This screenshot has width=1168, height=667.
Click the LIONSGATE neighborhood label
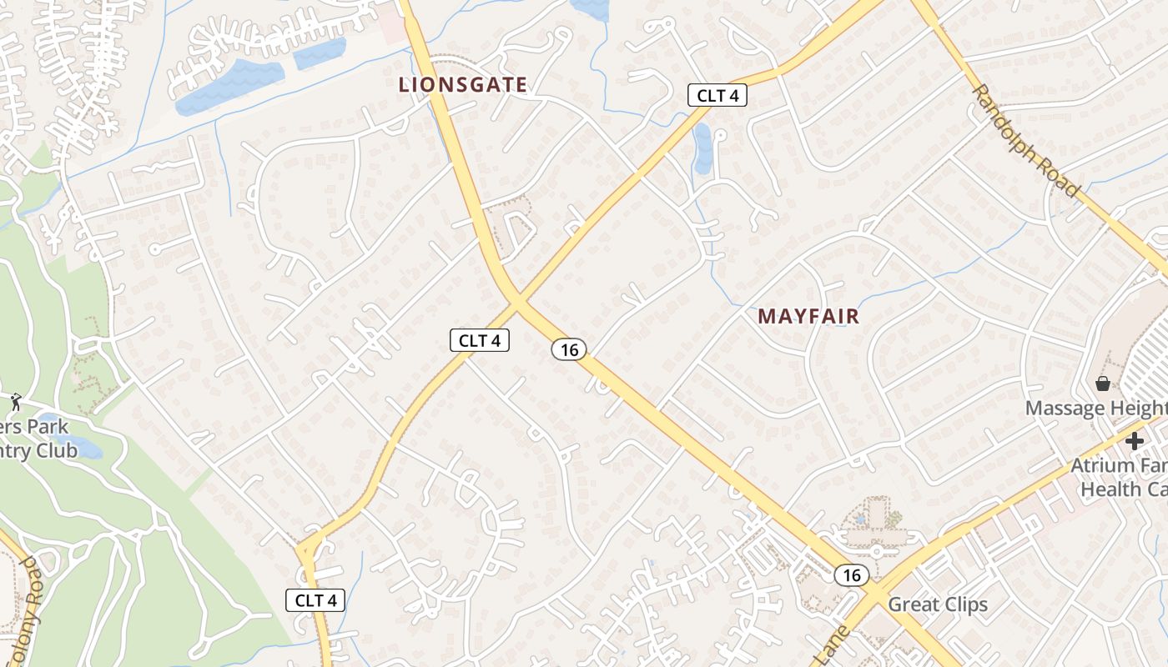tap(463, 84)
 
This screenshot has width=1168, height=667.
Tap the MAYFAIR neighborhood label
tap(808, 317)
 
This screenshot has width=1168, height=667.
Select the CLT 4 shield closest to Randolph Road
tap(717, 95)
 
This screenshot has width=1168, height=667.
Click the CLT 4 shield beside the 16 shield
tap(480, 340)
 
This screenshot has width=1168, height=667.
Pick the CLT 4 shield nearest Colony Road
tap(315, 599)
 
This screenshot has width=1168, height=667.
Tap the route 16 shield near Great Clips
tap(851, 574)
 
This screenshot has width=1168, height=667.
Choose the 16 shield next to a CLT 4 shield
tap(569, 349)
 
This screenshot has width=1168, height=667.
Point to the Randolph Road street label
tap(1025, 139)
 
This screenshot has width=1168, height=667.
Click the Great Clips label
tap(938, 604)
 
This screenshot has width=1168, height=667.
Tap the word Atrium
tap(1100, 466)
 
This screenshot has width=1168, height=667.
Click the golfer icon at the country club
tap(16, 403)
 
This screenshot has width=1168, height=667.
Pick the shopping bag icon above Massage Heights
tap(1103, 384)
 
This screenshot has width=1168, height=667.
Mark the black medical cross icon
tap(1134, 441)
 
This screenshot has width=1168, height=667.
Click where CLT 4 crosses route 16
tap(517, 301)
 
